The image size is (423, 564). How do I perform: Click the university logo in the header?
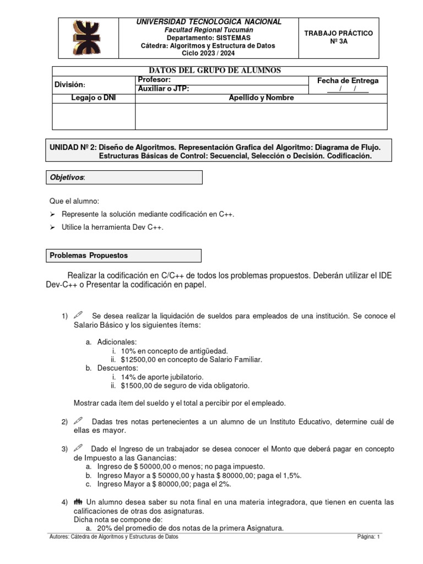pos(90,37)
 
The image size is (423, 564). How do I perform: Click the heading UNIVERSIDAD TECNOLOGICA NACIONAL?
pos(209,21)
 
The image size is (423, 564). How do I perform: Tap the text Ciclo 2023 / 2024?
pos(209,53)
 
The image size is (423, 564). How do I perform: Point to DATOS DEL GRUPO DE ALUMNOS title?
pos(219,70)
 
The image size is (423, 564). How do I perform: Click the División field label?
pos(69,84)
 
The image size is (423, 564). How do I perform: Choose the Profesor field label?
pos(155,80)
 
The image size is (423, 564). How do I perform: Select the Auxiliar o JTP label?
pos(164,89)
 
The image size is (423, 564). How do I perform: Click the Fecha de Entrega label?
pos(348,80)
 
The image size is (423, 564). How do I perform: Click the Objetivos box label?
pos(68,177)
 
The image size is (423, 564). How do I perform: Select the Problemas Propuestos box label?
pos(89,256)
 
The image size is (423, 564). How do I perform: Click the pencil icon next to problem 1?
pos(78,316)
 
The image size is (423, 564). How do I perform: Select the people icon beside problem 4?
pos(78,502)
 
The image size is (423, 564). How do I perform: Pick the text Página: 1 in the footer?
pos(368,536)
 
